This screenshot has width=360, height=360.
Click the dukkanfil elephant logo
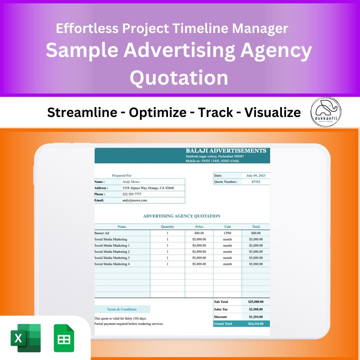326,112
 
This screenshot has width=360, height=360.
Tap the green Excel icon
26,338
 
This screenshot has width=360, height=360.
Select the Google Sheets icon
64,338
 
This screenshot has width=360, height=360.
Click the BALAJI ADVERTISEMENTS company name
226,151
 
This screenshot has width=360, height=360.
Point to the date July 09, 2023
256,176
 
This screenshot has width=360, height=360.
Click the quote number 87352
256,182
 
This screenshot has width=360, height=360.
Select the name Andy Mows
131,182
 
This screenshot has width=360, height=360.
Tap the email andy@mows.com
135,200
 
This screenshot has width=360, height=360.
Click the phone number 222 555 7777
132,194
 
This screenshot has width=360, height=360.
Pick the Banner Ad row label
102,233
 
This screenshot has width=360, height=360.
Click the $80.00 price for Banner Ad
199,233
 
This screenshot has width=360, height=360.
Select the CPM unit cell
227,233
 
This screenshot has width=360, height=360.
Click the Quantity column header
167,227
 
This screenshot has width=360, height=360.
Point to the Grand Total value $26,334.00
256,324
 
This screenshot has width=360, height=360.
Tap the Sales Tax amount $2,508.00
255,309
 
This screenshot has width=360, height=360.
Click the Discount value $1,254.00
255,317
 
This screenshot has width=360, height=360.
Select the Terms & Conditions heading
122,309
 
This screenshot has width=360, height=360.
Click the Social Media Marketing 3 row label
112,258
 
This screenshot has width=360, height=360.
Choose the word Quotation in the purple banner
179,78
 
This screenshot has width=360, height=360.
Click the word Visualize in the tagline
273,113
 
